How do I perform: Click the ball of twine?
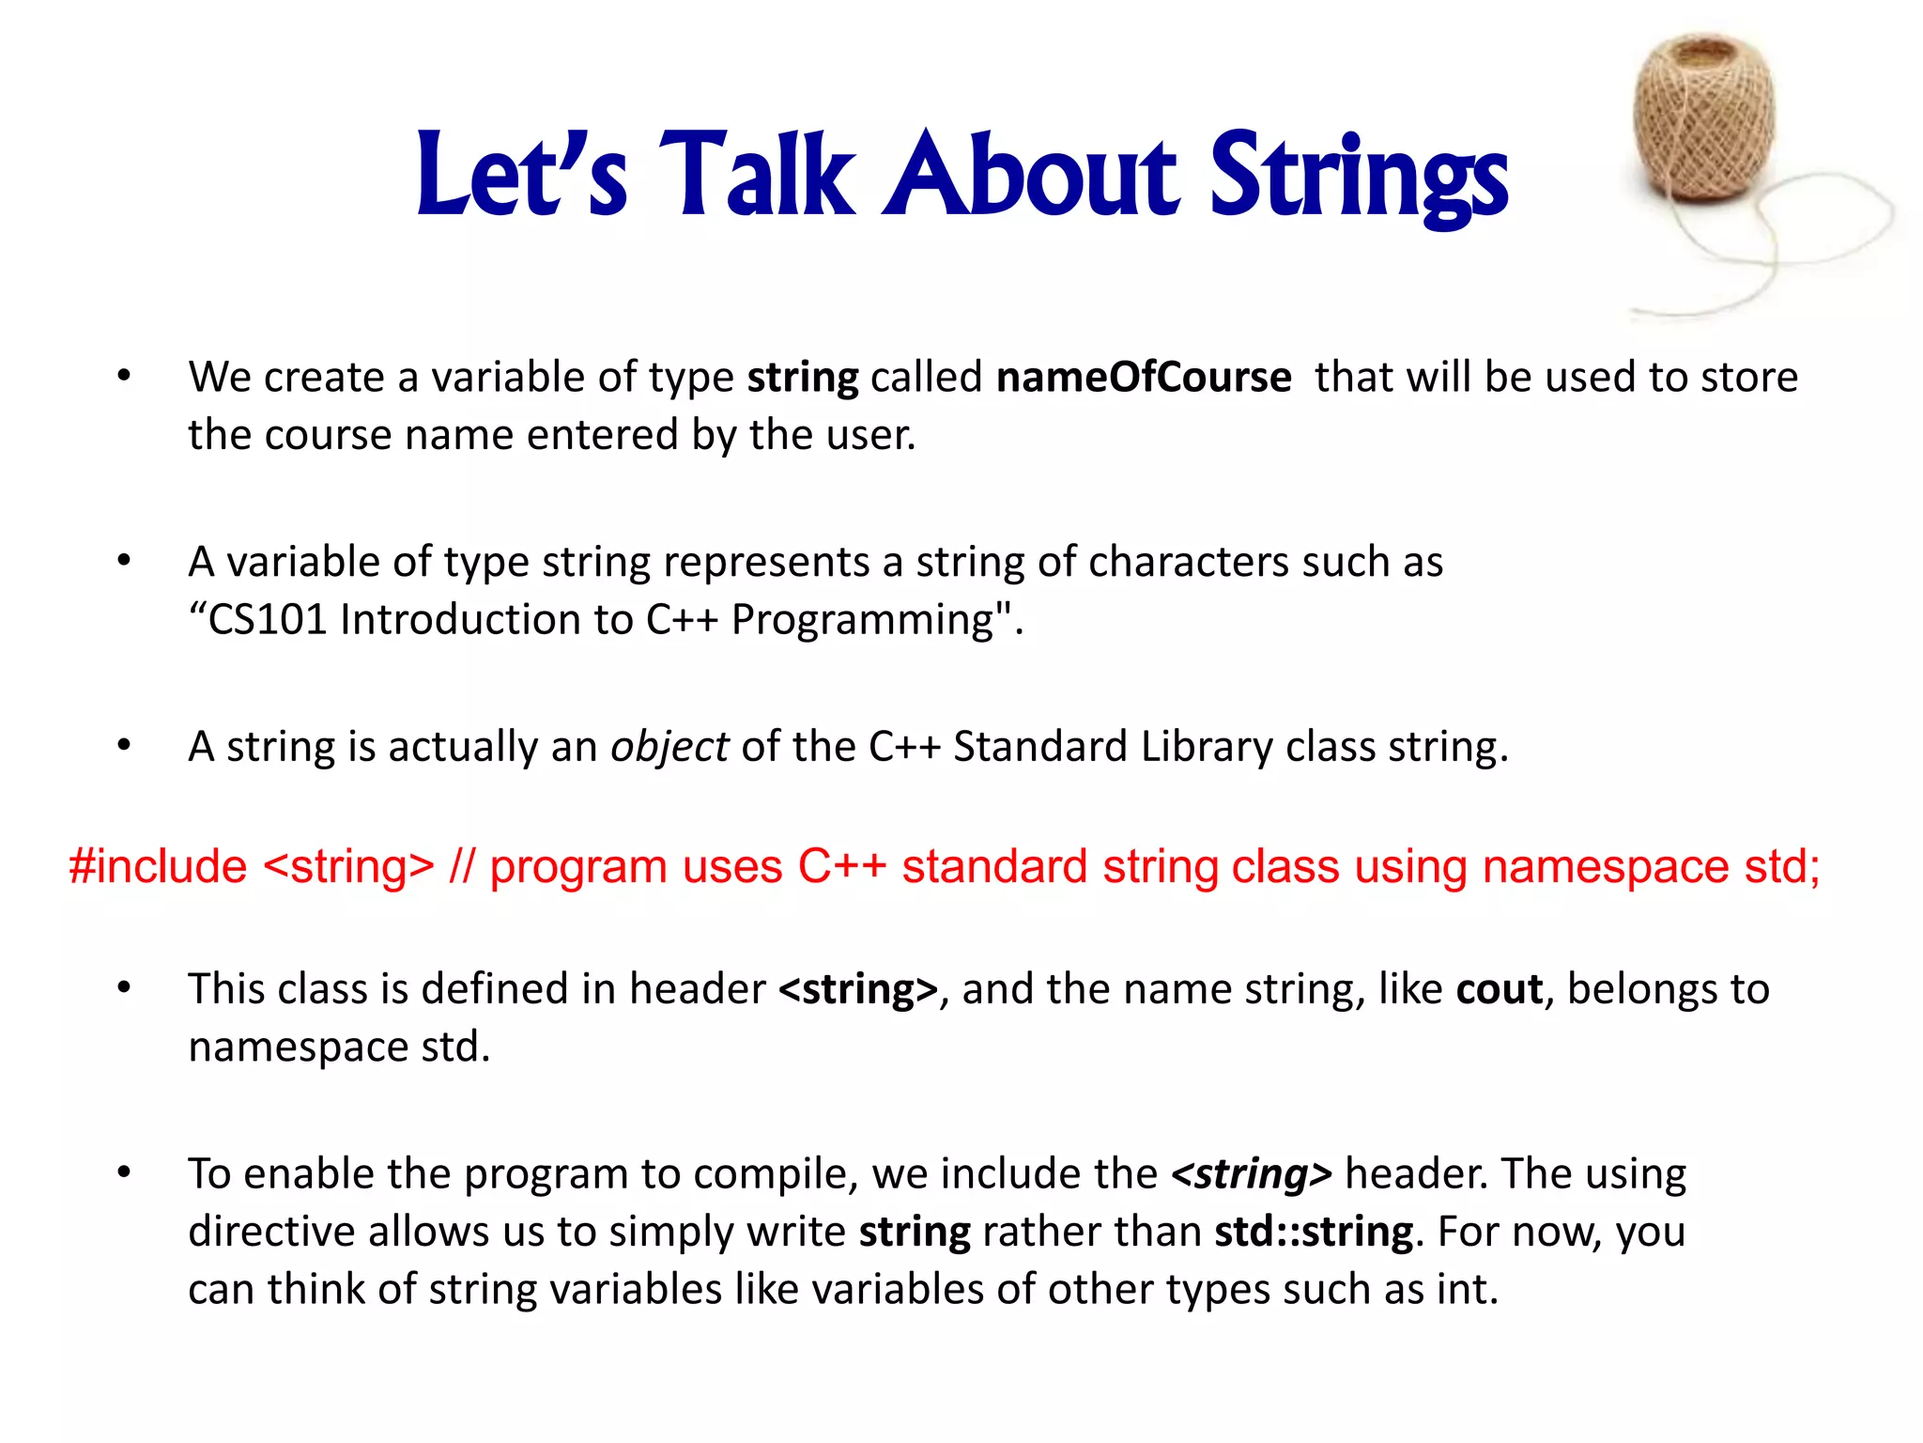[1705, 117]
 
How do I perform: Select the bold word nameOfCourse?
[1143, 378]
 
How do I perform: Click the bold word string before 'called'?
[802, 378]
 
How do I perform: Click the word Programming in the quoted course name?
[863, 620]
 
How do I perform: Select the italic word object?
[669, 747]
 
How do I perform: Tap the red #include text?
[158, 866]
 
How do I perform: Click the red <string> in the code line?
[349, 866]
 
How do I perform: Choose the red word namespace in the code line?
[1605, 866]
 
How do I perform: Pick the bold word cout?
[1499, 989]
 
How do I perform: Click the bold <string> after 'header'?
[858, 989]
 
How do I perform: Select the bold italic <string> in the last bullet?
[1251, 1174]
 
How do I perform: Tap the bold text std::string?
[1314, 1232]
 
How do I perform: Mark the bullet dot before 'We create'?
[124, 377]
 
